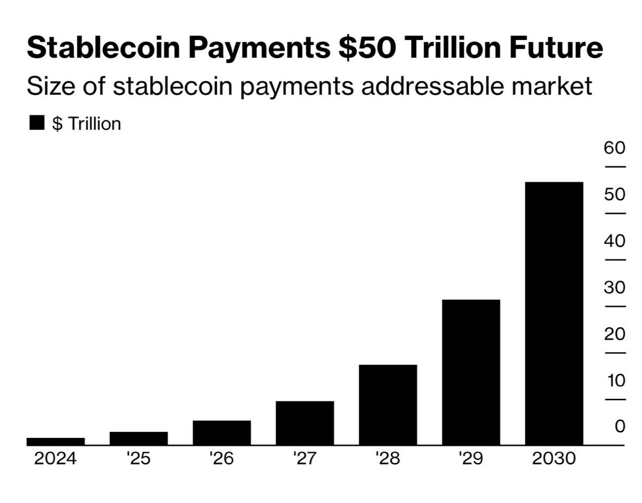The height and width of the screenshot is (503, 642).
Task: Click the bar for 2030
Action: point(554,313)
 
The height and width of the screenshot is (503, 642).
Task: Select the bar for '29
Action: point(471,372)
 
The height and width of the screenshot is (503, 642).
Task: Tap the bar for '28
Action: point(388,405)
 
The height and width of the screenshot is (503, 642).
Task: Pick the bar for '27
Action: point(305,423)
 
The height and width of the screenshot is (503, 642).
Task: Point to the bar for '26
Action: point(221,432)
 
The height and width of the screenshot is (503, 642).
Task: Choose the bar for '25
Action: point(139,438)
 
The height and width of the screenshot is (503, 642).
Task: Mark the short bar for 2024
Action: point(56,442)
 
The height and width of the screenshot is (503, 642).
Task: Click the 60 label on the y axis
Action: point(615,148)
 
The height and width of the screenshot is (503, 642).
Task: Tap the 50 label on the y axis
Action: point(615,194)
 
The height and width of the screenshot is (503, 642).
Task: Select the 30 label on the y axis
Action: point(615,288)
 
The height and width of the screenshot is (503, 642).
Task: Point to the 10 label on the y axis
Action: point(615,381)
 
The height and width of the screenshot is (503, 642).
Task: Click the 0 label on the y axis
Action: point(620,427)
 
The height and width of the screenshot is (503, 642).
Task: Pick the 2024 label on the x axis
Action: point(56,459)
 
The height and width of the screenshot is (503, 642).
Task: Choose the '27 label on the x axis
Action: point(305,459)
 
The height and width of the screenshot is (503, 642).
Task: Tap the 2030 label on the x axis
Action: point(554,459)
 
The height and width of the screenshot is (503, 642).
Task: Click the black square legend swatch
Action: point(36,123)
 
